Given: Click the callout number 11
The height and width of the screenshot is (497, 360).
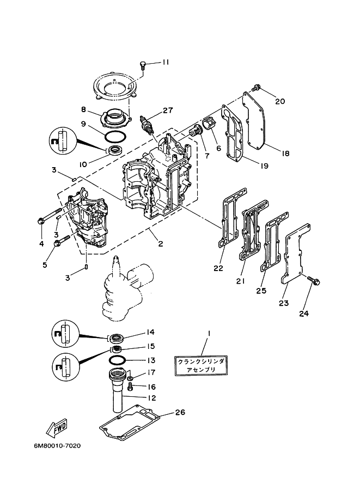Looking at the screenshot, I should (x=166, y=62).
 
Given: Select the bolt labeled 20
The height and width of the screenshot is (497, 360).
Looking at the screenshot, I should (x=258, y=87).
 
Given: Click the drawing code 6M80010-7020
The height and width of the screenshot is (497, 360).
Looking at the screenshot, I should (x=57, y=446).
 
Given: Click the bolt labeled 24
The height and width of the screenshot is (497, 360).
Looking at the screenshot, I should (x=315, y=281).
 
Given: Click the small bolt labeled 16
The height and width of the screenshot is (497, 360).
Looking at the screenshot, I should (x=131, y=386).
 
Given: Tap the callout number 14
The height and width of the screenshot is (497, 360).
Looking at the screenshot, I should (x=150, y=332).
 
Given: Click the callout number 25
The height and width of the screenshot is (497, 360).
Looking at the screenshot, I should (x=261, y=291).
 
